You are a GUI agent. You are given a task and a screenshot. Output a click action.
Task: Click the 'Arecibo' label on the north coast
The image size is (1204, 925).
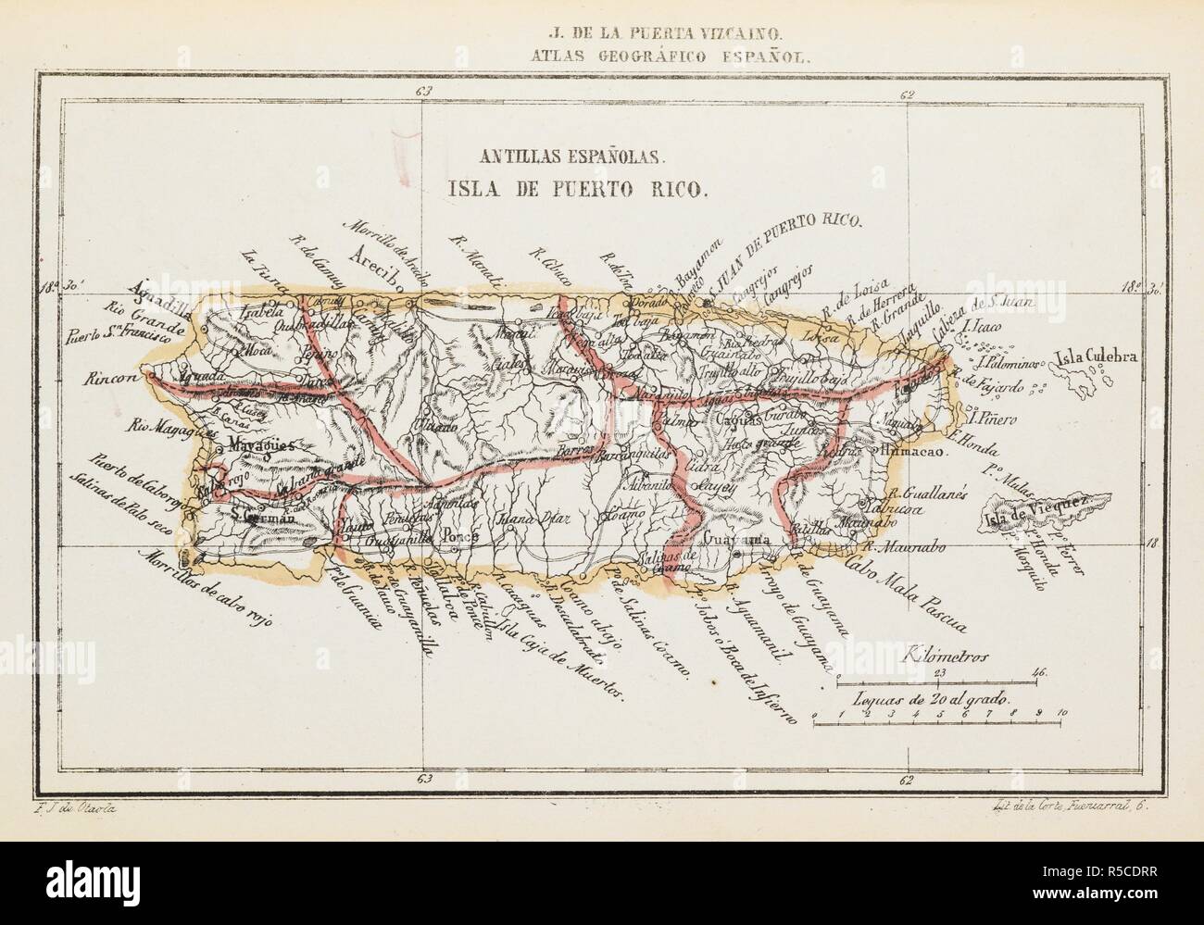381,258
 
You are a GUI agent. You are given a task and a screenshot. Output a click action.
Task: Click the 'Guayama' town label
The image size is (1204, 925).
737,538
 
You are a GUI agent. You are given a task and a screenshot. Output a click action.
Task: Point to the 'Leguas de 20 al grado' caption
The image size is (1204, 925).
933,701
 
